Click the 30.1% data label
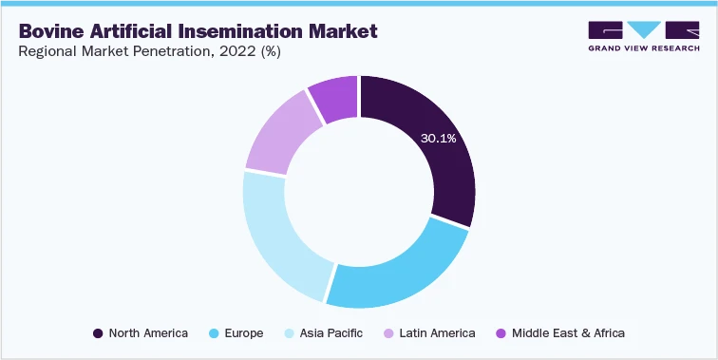click(x=438, y=139)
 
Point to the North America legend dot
click(x=98, y=333)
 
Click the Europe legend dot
click(x=216, y=333)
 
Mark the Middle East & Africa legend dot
click(x=501, y=333)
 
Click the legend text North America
click(x=148, y=333)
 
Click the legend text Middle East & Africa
click(x=568, y=333)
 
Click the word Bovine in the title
click(x=52, y=31)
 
